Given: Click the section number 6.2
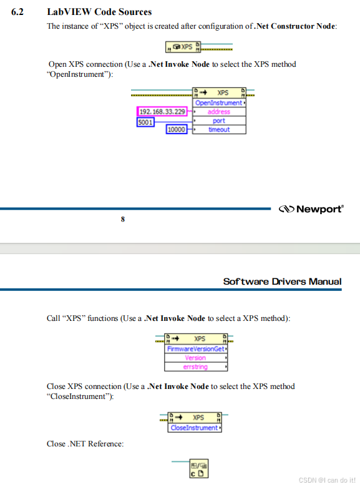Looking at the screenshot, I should [17, 12].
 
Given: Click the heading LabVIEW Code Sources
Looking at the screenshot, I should [99, 12].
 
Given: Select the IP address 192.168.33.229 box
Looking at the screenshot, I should [162, 112].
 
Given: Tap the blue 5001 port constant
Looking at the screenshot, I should [145, 122].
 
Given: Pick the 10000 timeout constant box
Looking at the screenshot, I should [177, 130].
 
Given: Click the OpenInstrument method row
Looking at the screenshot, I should [219, 102].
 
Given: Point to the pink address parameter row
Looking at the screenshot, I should [219, 112].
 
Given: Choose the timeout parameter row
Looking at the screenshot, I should [219, 130].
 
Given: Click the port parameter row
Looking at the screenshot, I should [219, 121].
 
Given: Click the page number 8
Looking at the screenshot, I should [122, 219].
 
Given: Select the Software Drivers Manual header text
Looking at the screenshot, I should [282, 282].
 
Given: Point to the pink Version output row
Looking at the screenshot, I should [195, 358].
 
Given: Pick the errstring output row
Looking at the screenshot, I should [195, 367].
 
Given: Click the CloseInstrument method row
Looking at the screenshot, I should [195, 428].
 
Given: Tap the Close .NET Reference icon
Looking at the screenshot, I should [198, 468].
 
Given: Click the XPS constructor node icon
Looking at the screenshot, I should [183, 47].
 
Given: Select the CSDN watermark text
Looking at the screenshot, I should [326, 480].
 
